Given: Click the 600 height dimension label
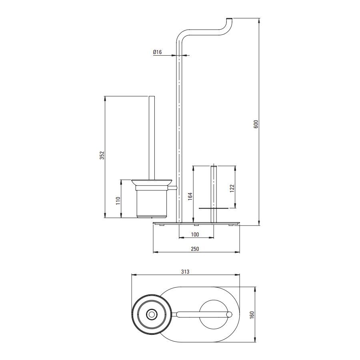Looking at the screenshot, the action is [x=256, y=124].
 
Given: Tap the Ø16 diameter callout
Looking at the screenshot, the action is [x=158, y=52].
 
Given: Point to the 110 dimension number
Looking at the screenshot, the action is [x=118, y=201].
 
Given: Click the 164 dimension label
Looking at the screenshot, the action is [x=190, y=196].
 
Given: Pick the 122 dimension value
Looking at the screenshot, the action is [x=232, y=188].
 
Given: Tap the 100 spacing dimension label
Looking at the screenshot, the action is [x=195, y=234].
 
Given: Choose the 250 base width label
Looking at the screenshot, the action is [x=195, y=249].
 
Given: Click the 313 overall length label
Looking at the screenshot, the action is [x=185, y=272].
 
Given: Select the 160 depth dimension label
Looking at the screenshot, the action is [x=252, y=314].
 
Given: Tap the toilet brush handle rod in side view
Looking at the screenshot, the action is [x=152, y=138].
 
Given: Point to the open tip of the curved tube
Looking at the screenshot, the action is [x=230, y=18].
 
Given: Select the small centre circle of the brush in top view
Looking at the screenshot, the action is [x=152, y=314].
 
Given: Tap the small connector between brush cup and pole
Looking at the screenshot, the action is [x=172, y=188].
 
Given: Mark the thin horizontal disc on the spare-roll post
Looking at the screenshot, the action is [x=214, y=208].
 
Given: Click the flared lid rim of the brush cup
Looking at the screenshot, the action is [x=152, y=182].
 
